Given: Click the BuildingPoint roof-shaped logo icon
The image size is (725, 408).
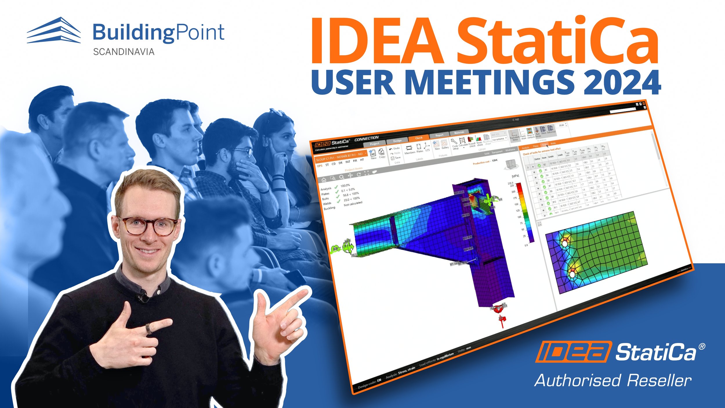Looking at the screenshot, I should click(x=54, y=30).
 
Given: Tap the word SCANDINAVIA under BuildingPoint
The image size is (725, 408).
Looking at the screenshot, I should click(x=124, y=52).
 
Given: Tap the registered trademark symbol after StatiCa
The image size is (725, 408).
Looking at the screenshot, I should click(x=702, y=346).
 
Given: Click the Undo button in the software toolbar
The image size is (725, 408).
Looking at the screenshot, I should click(x=395, y=149).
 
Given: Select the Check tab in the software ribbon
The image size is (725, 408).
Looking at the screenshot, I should click(x=418, y=138).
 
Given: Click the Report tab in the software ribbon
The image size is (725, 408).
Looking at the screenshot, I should click(x=439, y=135).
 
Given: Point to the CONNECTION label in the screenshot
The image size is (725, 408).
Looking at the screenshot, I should click(x=367, y=138).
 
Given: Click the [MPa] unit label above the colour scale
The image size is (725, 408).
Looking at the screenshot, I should click(x=515, y=176).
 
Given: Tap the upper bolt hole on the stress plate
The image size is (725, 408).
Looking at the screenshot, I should click(x=565, y=243).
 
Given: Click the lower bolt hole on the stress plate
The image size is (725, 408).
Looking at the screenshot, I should click(x=572, y=274).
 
